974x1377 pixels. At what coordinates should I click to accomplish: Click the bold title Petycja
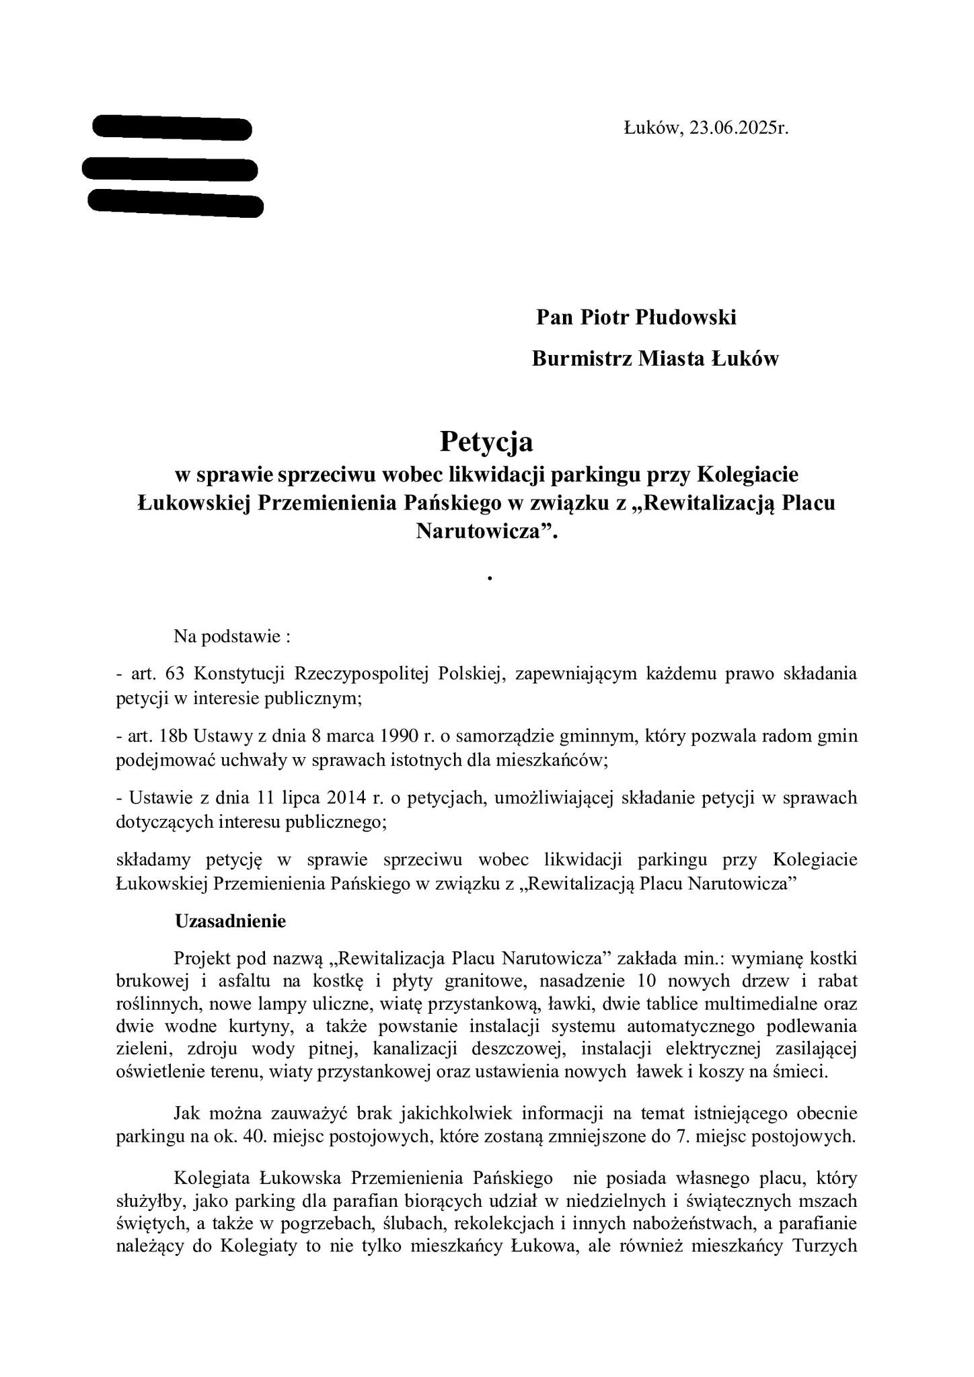pos(486,442)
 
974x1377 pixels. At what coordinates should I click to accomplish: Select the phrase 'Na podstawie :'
pos(231,636)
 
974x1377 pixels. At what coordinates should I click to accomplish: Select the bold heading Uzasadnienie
pos(230,920)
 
